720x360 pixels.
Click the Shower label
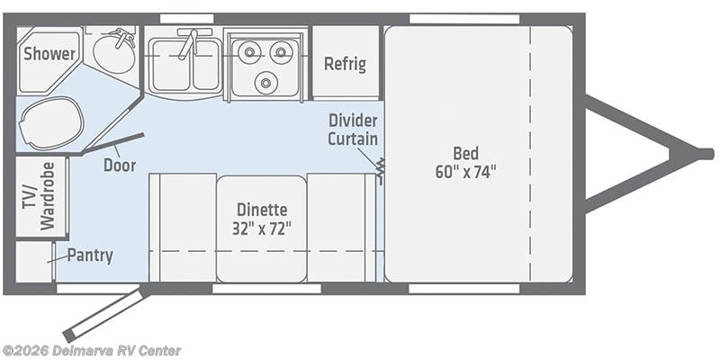(49, 54)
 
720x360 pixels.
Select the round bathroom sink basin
(115, 53)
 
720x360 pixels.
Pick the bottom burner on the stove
(265, 82)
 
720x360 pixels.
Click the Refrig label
(345, 63)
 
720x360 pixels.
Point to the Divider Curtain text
(352, 130)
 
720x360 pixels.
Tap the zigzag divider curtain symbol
(380, 169)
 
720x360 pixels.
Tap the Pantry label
(90, 256)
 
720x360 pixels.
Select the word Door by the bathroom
(119, 165)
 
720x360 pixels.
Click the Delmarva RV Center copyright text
(92, 350)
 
